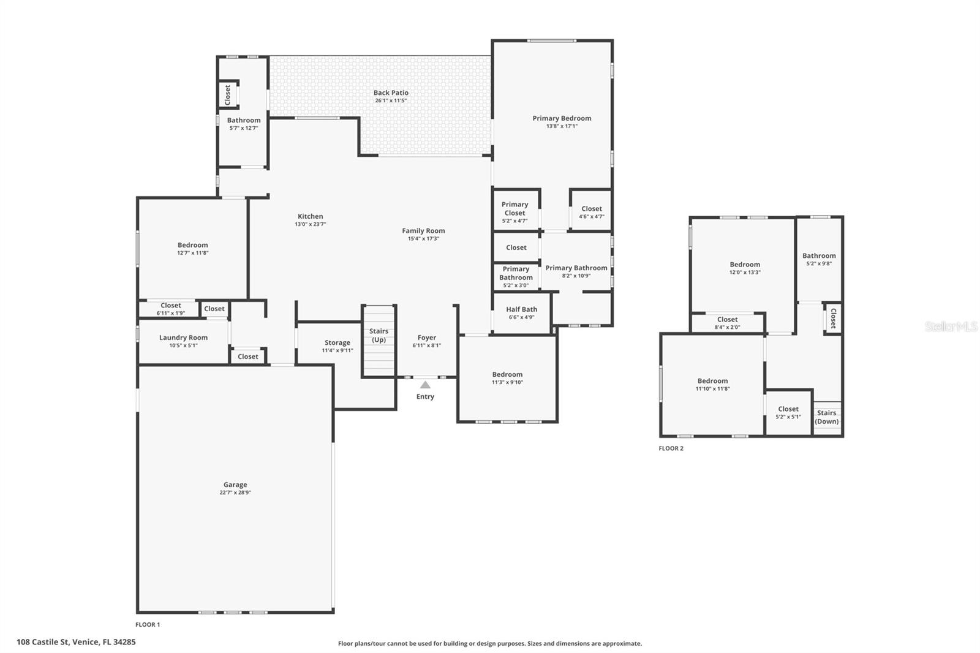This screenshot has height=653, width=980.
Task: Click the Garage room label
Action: coord(235,485)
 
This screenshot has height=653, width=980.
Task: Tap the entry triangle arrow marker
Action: coord(425,385)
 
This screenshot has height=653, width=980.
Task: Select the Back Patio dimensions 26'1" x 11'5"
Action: coord(391,100)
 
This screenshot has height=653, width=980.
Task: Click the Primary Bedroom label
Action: coord(562,118)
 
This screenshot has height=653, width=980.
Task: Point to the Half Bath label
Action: coord(521,309)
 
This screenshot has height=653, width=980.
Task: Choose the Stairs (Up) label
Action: coord(379,335)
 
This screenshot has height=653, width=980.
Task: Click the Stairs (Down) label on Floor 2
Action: coord(826,417)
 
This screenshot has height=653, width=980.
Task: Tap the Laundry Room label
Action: coord(183,338)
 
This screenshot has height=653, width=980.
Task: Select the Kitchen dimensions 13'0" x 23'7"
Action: coord(310,224)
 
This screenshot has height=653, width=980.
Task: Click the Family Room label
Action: coord(423,231)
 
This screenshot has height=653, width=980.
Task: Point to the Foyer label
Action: coord(427,338)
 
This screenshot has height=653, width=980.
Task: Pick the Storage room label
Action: coord(337,342)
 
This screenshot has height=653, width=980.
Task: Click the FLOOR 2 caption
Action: coord(671,448)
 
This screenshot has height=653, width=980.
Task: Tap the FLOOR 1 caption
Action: coord(148,625)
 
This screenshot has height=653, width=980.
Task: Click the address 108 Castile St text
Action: coord(76,642)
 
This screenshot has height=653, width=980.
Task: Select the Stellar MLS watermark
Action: coord(951,326)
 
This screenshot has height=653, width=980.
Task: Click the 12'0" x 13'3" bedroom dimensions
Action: coord(745,273)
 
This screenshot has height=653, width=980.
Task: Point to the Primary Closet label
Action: coord(514,209)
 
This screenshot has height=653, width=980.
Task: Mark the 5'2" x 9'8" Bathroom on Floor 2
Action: coord(819,260)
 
